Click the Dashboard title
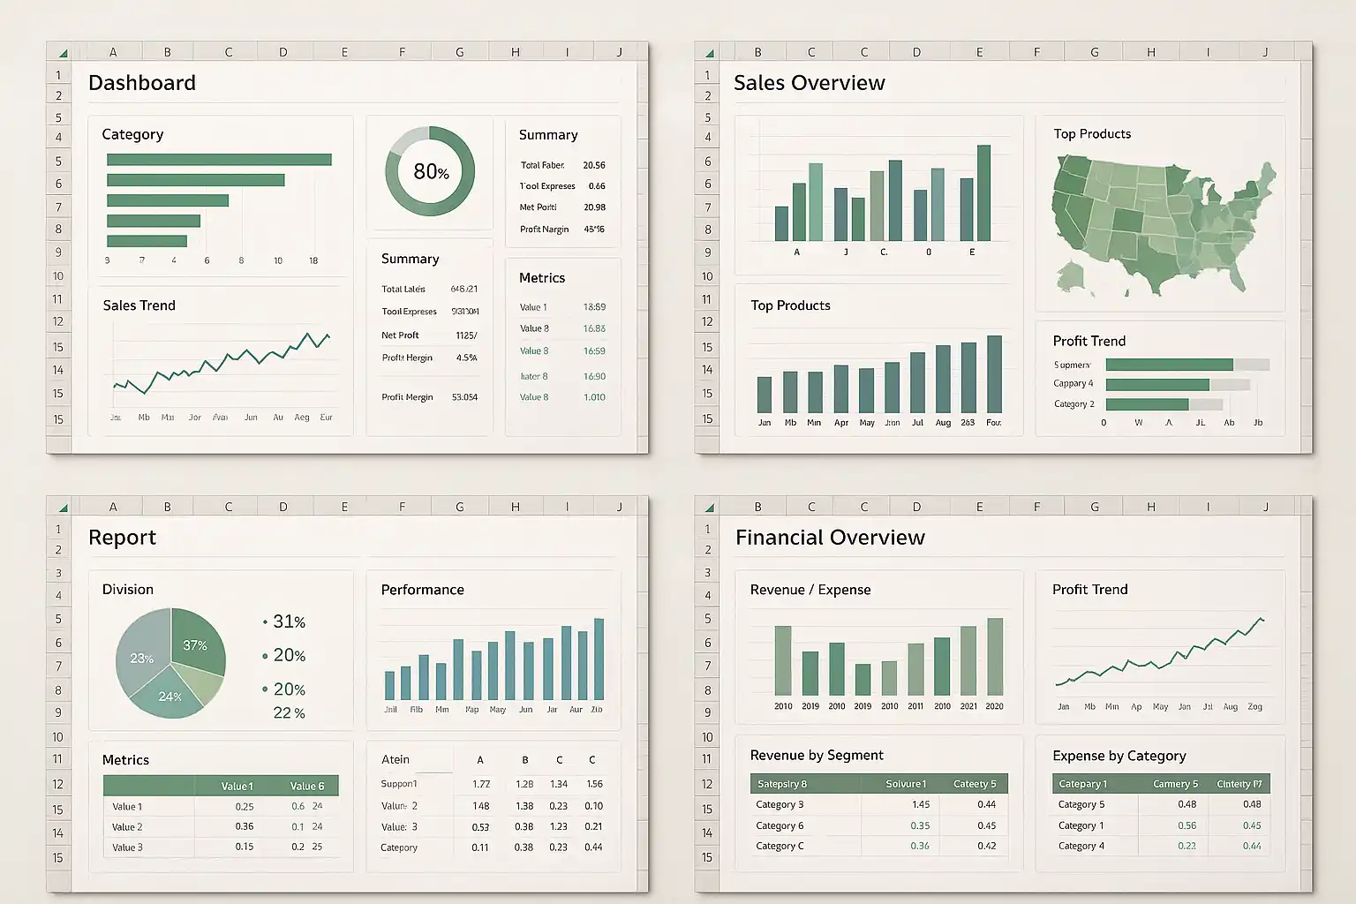(142, 83)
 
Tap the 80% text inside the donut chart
(431, 171)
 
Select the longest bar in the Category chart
(219, 160)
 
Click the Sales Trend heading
(139, 305)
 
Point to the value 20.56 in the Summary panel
(594, 165)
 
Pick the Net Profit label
(400, 335)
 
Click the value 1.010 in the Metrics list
(594, 397)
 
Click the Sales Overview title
(809, 83)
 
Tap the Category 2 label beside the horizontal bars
(1073, 404)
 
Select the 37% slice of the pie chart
(195, 645)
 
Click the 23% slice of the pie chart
(141, 659)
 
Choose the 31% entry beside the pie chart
(289, 621)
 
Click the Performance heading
(422, 590)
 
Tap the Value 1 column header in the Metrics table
(237, 786)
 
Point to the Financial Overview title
(830, 538)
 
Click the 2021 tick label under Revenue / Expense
(968, 706)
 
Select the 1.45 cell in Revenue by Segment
(921, 804)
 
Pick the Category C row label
(780, 846)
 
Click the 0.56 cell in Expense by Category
(1186, 825)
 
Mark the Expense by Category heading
(1119, 756)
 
